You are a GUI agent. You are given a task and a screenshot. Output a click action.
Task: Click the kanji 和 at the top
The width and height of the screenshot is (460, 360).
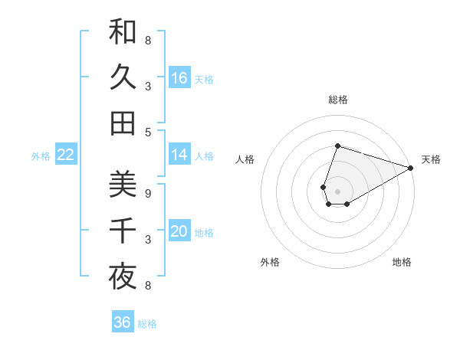click(123, 32)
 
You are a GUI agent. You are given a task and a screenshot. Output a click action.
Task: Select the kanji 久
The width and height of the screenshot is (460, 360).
click(123, 77)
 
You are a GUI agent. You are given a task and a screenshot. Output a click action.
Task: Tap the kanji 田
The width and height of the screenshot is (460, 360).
click(123, 123)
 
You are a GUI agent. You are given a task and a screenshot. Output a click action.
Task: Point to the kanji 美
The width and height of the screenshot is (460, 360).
click(123, 185)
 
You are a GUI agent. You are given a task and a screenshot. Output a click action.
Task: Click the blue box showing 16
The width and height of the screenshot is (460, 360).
click(179, 78)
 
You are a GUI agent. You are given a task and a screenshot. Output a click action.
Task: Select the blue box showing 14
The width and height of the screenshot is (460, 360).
click(179, 155)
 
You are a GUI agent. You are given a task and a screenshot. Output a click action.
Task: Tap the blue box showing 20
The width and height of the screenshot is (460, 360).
click(179, 231)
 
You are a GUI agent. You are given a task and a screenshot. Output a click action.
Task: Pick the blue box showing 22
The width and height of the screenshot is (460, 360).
click(66, 155)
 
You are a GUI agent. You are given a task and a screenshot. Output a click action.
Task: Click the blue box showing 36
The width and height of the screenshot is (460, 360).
click(123, 322)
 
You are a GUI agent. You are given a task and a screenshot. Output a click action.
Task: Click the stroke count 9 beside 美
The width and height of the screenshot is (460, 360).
click(147, 193)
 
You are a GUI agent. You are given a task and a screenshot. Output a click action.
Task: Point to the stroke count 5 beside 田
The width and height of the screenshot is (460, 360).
click(147, 131)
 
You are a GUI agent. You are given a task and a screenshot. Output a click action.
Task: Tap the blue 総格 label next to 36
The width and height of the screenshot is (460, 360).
click(147, 324)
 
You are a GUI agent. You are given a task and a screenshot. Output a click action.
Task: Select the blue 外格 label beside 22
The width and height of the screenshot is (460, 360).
click(41, 156)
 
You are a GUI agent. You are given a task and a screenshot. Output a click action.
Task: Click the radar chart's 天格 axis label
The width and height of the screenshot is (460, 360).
click(431, 159)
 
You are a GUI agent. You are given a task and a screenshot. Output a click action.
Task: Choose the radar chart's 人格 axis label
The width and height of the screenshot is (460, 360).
click(245, 159)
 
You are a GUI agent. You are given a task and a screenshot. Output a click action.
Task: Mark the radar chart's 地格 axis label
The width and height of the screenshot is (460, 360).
click(402, 262)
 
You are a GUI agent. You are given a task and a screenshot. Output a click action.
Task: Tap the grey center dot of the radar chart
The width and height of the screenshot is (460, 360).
click(337, 191)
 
